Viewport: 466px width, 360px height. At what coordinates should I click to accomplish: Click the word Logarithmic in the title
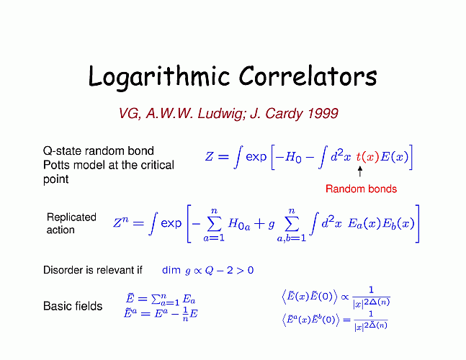point(159,77)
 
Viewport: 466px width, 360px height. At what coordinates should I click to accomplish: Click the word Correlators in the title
point(308,76)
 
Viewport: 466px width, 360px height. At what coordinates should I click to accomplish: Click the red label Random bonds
point(361,189)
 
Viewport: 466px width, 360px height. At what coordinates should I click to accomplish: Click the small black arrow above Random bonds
point(360,171)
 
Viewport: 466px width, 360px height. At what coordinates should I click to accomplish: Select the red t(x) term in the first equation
point(367,156)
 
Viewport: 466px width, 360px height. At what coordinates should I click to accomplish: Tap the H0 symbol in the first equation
point(293,156)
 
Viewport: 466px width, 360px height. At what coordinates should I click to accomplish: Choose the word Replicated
point(71,217)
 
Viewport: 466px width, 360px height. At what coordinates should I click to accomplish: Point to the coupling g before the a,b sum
point(271,225)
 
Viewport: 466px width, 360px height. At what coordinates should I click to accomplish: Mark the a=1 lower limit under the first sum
point(214,238)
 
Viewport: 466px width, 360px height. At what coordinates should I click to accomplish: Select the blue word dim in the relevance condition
point(171,270)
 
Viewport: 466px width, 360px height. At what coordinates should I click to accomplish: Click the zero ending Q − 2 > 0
point(250,270)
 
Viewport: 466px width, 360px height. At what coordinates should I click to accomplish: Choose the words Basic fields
point(73,306)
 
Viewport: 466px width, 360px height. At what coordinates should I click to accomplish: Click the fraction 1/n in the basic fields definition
point(185,314)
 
